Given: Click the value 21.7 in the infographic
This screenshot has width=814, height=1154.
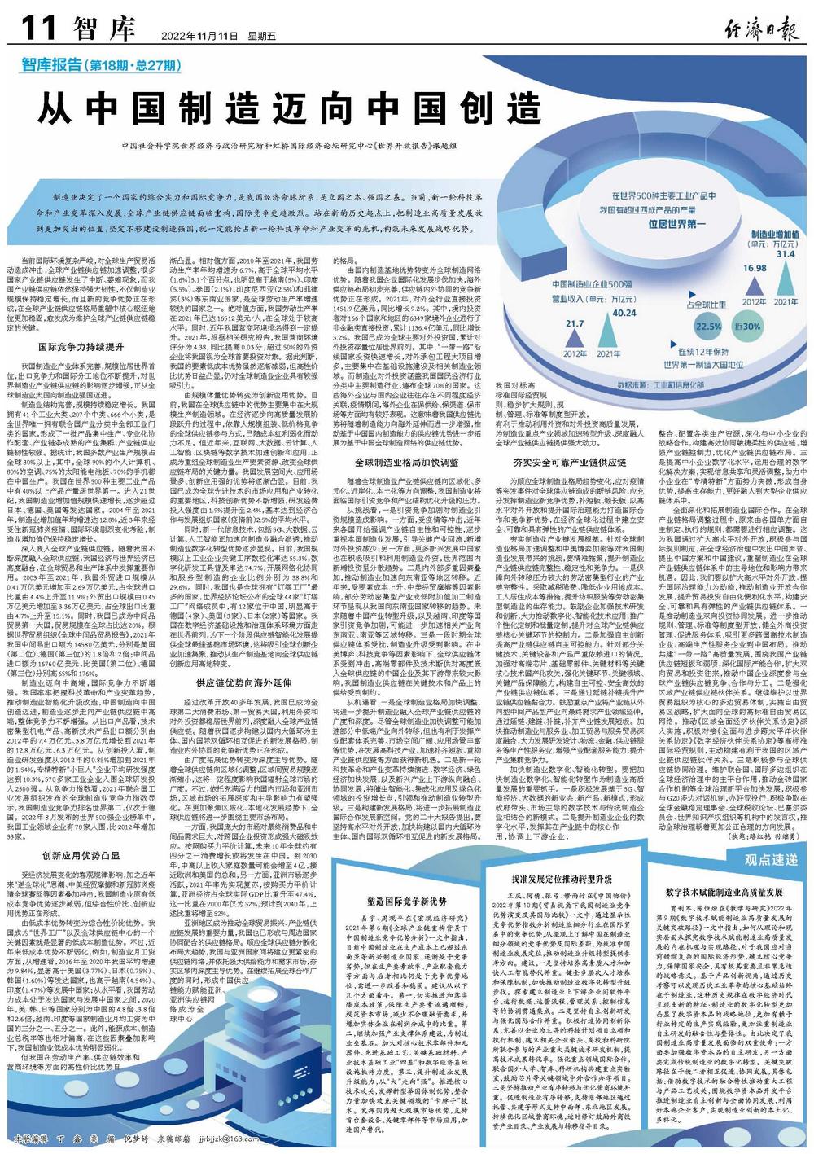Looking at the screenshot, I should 575,323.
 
